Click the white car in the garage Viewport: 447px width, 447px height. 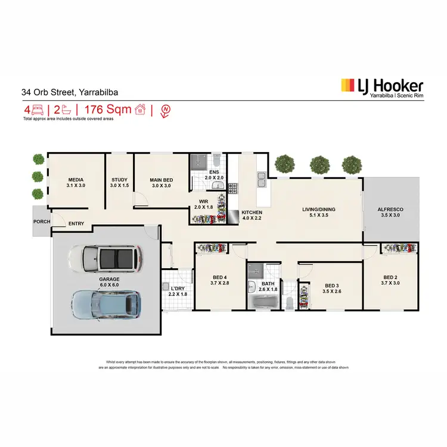click(105, 259)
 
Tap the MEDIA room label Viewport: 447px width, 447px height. click(76, 179)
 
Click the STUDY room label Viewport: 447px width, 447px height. click(120, 179)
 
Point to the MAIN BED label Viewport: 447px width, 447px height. click(161, 179)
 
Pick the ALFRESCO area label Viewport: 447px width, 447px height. click(391, 209)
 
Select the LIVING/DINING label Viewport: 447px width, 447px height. click(315, 209)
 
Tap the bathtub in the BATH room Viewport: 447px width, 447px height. click(263, 302)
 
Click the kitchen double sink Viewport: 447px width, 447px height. click(261, 177)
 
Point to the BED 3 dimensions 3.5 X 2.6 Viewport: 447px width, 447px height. click(332, 291)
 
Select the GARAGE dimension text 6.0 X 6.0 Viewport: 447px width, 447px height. click(109, 285)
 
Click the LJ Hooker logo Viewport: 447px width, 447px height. click(381, 87)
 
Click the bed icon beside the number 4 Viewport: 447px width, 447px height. click(38, 110)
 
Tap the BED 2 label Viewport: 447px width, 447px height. click(390, 277)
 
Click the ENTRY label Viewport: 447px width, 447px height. click(76, 224)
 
